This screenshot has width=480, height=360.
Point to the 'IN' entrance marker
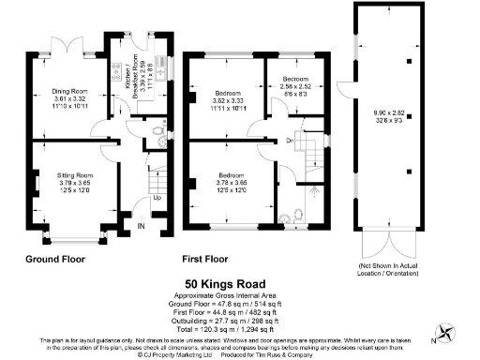(142, 225)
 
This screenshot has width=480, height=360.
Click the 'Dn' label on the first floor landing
(292, 142)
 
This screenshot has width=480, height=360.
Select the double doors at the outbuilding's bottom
(386, 246)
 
